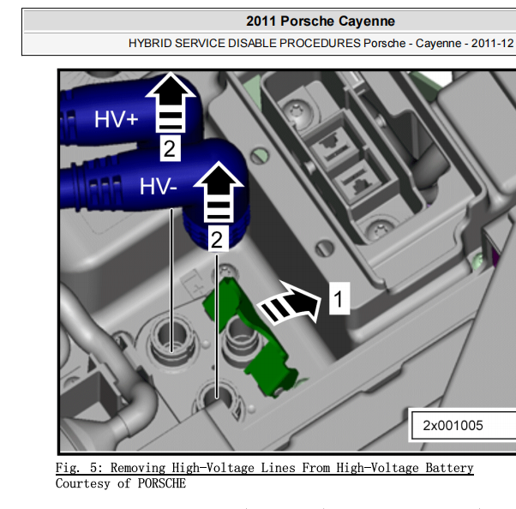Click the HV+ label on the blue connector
coord(116,119)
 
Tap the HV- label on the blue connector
coord(159,186)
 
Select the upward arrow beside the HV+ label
coord(171,103)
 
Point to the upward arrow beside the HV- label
coord(219,192)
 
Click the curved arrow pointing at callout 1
coord(288,302)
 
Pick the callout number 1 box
coord(339,298)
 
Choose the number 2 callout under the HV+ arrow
coord(170,148)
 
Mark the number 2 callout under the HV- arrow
coord(217,239)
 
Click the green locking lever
coord(250,338)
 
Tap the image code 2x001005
coord(453,425)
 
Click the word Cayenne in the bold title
coord(366,21)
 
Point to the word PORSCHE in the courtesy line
coord(162,483)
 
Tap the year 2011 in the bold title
coord(261,21)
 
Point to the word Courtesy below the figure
coord(82,483)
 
